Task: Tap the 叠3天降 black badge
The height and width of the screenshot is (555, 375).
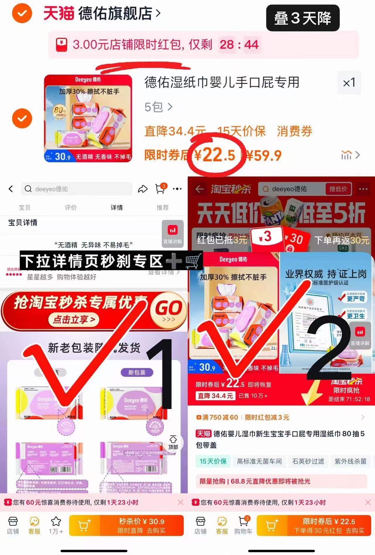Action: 303,18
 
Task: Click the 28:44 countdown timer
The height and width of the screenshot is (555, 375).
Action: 239,45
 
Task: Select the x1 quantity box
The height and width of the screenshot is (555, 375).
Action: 349,82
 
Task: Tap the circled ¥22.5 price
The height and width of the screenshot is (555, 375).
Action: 215,155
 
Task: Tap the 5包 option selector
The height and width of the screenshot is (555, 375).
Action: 158,107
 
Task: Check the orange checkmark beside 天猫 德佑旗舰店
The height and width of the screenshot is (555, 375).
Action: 22,13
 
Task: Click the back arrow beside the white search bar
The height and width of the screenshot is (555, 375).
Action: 11,189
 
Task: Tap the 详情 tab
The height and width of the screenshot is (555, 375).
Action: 117,208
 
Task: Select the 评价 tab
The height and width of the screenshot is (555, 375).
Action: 71,208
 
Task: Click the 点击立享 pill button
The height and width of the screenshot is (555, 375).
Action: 74,319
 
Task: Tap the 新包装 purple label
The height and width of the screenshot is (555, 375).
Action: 137,372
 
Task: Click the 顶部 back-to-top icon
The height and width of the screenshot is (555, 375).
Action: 173,442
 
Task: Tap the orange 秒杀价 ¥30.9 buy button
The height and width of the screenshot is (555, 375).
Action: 142,525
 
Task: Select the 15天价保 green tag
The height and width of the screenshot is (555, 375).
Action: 213,461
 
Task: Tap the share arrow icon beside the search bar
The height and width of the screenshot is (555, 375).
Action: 143,189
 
